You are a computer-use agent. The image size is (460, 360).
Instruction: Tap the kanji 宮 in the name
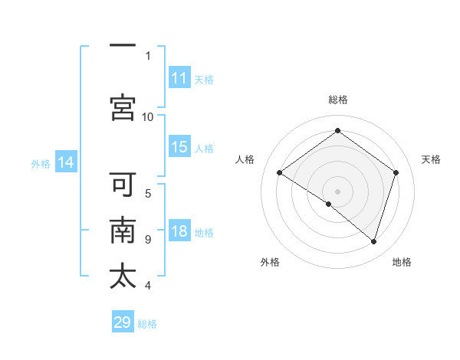123,106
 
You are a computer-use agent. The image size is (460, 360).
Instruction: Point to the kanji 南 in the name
123,231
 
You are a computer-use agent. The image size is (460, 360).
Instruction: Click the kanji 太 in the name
123,275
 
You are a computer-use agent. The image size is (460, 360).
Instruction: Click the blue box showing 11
179,78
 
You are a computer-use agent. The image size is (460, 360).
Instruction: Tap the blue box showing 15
179,147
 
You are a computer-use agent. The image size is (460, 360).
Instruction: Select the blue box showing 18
179,232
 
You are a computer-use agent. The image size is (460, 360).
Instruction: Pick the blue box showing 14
66,162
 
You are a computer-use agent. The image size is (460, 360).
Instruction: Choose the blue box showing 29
123,322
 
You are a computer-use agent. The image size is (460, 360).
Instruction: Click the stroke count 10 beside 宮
147,116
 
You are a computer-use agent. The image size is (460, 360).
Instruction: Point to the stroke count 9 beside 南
147,240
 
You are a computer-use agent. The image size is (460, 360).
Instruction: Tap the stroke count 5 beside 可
147,193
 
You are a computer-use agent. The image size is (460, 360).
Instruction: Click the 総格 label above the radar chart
337,100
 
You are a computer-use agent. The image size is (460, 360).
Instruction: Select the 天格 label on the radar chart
432,159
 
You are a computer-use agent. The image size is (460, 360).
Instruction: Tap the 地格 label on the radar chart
402,262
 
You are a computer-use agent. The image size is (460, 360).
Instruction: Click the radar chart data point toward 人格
280,173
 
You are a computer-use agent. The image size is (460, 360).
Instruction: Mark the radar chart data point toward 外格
329,204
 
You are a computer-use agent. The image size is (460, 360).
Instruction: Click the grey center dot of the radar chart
337,191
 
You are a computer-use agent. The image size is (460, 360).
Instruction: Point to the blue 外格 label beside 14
40,163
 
